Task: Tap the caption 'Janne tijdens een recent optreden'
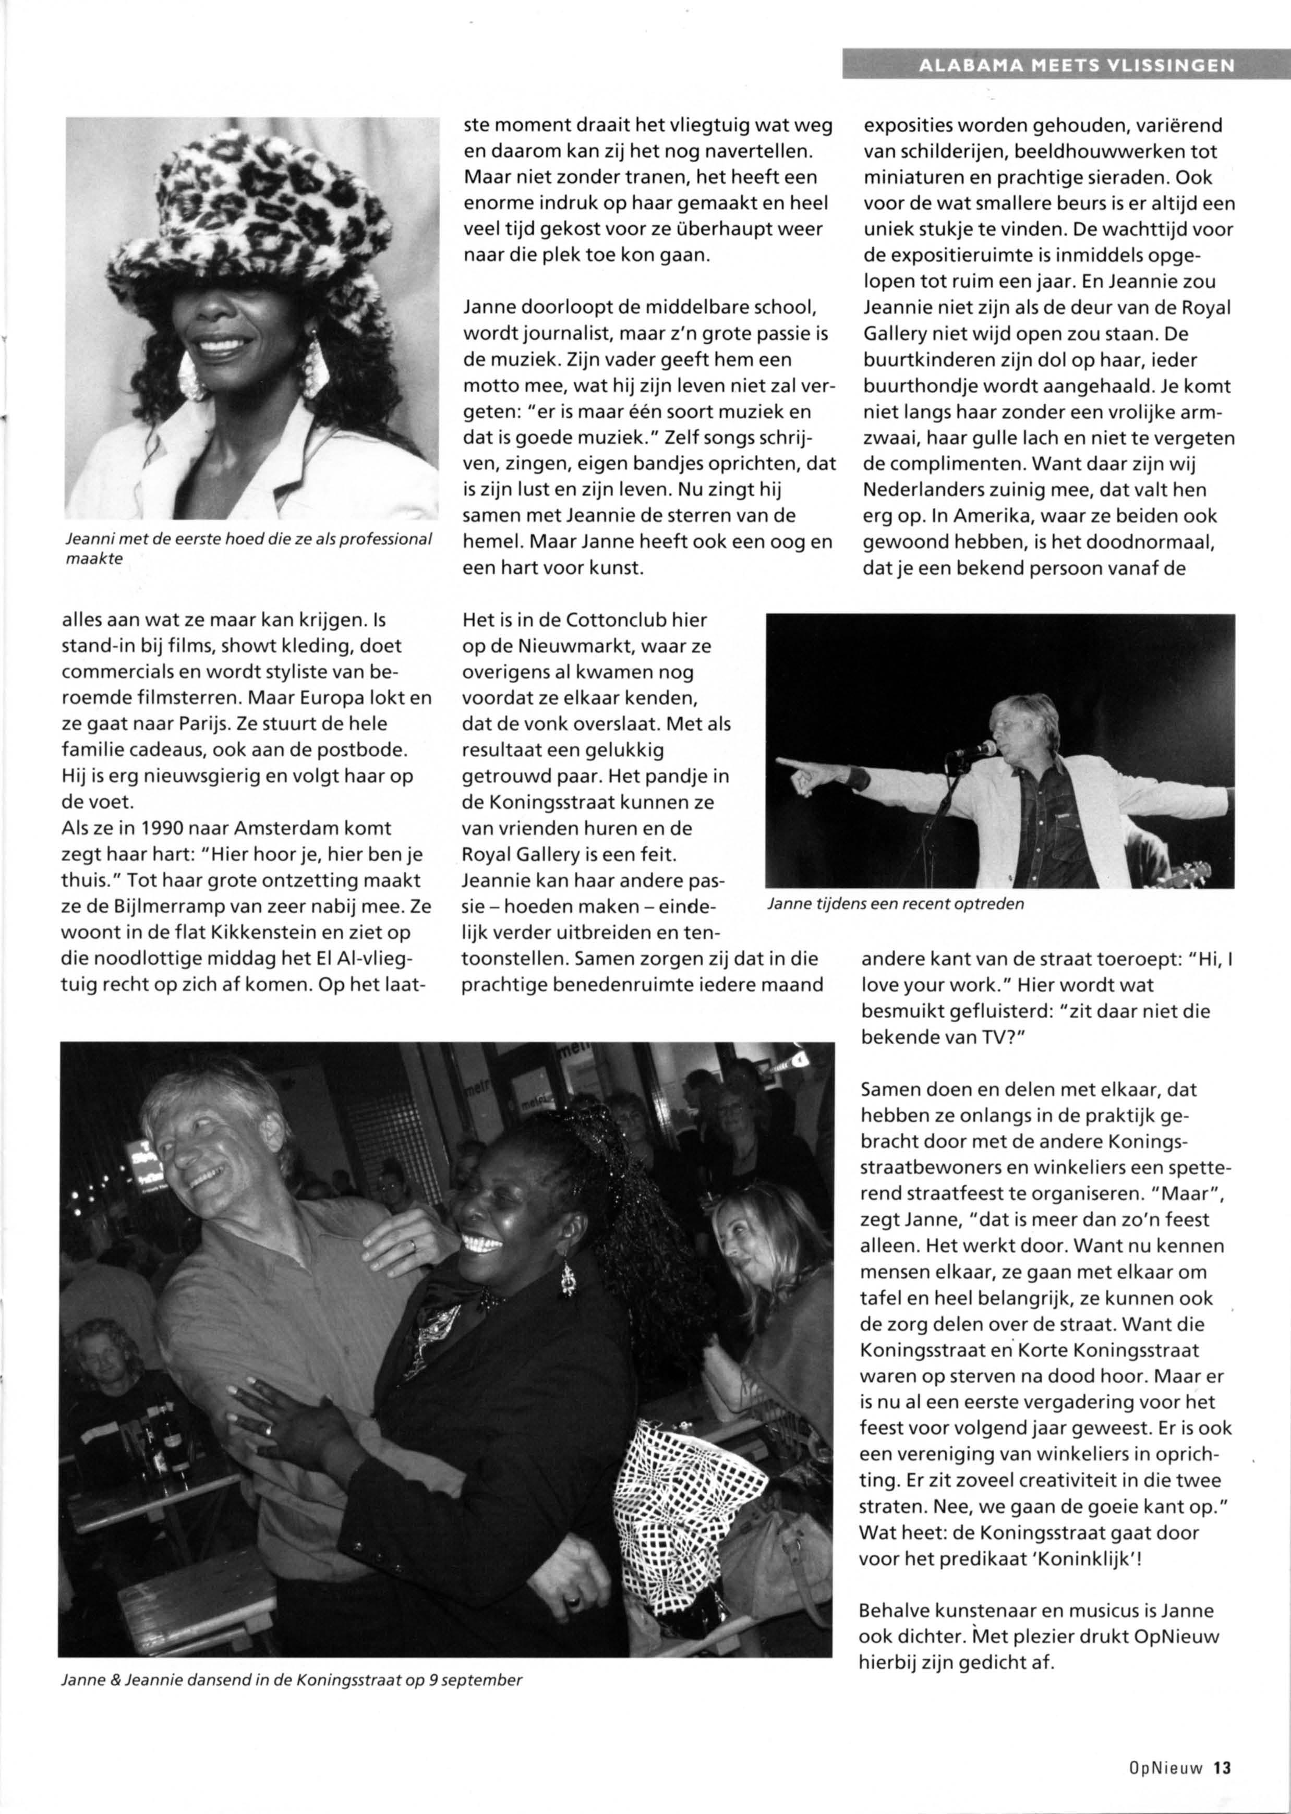pos(895,904)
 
